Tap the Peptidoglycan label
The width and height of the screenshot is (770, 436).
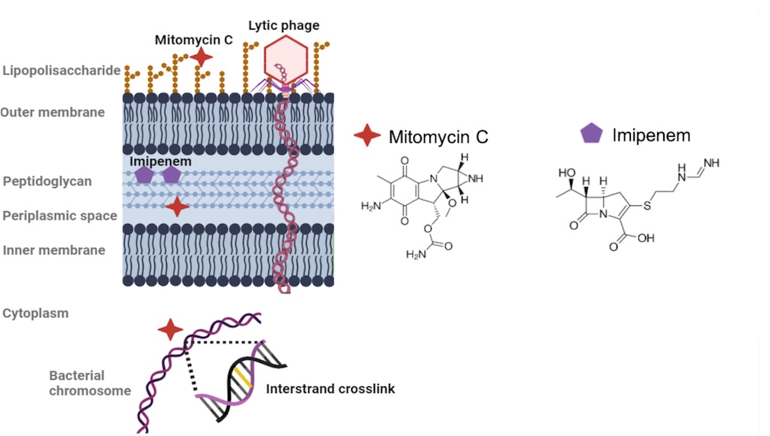pyautogui.click(x=47, y=181)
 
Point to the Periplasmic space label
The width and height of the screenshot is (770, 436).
pyautogui.click(x=59, y=216)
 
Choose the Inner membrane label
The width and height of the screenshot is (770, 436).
pyautogui.click(x=54, y=250)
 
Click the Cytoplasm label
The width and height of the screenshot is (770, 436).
pyautogui.click(x=35, y=313)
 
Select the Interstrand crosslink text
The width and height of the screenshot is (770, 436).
pyautogui.click(x=330, y=389)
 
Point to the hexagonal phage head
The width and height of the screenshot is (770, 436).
pyautogui.click(x=286, y=59)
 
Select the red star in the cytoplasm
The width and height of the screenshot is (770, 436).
pyautogui.click(x=171, y=329)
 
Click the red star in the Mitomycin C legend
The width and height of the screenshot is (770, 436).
pyautogui.click(x=367, y=136)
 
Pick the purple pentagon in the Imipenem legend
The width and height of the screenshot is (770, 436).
pyautogui.click(x=592, y=134)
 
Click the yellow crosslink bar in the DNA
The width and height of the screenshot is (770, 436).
pyautogui.click(x=239, y=374)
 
